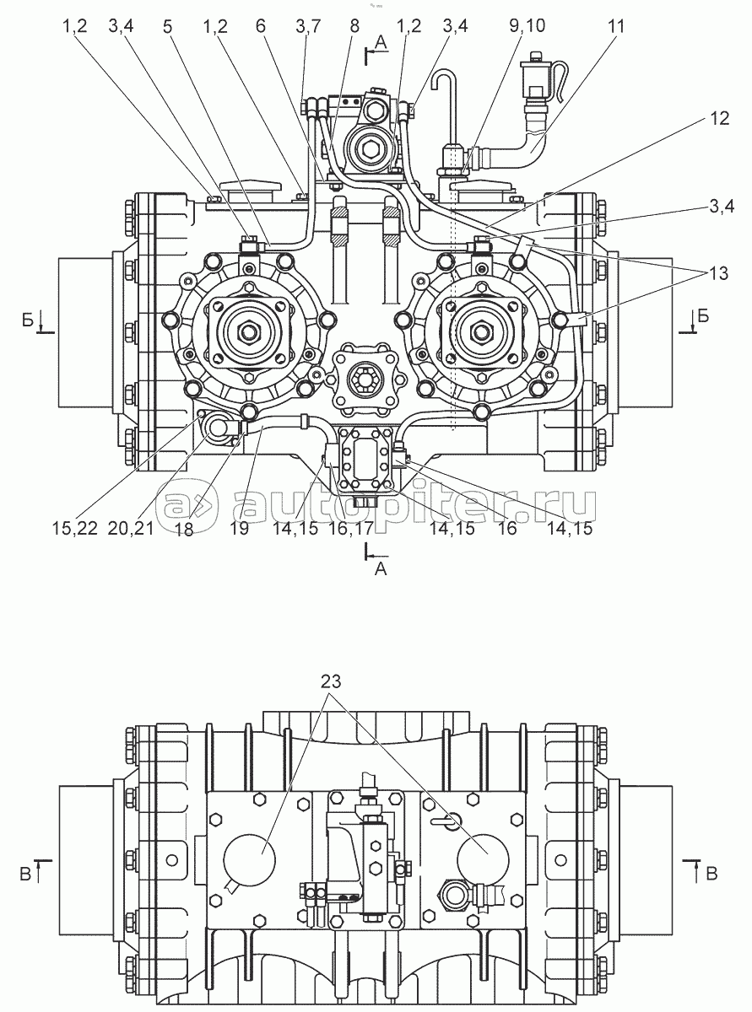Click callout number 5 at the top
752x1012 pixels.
[168, 26]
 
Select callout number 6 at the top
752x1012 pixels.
[260, 26]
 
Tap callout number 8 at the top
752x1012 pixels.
[354, 26]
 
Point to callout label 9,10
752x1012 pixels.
[527, 26]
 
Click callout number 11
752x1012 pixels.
[615, 26]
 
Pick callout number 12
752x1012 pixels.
[720, 119]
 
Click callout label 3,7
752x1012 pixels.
[308, 26]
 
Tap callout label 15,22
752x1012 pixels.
[74, 528]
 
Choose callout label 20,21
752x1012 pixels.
[131, 528]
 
